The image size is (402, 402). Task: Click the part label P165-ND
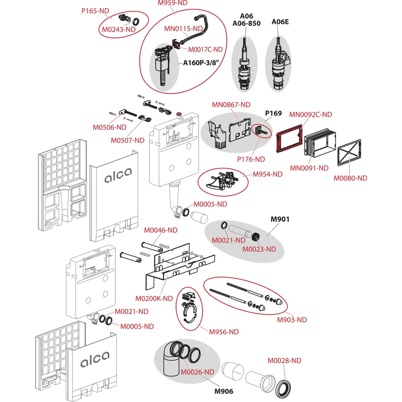tap(95, 11)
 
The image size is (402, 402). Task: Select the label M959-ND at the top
tap(172, 3)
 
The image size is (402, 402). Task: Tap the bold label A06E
tap(280, 22)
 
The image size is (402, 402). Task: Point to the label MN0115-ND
tap(183, 29)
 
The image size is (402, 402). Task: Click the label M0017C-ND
tap(206, 49)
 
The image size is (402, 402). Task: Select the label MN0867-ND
tap(231, 105)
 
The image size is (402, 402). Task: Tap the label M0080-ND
tap(351, 178)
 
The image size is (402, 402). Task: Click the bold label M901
tap(280, 219)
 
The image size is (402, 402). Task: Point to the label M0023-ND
tap(259, 249)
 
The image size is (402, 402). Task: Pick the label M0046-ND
tap(161, 230)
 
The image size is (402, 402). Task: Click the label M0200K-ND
tap(154, 298)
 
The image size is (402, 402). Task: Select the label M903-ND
tap(292, 320)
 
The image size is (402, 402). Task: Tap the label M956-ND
tap(224, 332)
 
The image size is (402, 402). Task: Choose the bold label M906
tap(224, 391)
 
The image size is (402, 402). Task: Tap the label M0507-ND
tap(128, 140)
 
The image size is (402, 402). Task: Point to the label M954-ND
tap(268, 174)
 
